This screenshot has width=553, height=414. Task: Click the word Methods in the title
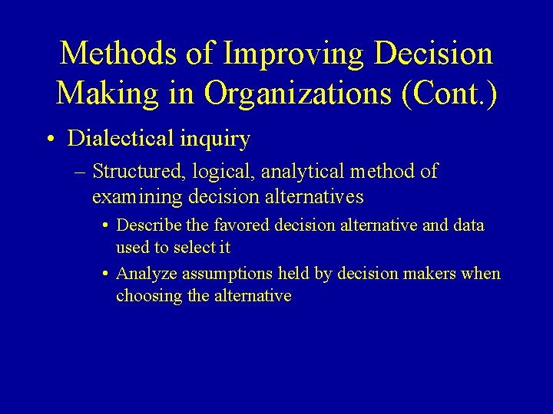[121, 54]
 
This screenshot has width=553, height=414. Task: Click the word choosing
[149, 296]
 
